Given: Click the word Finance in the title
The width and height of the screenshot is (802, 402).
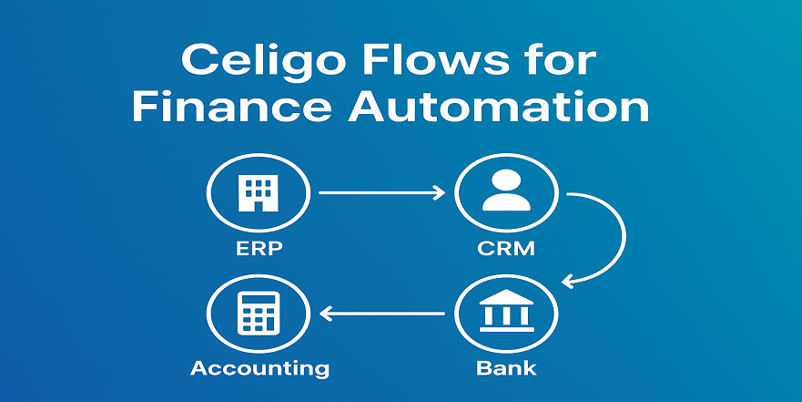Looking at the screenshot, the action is pyautogui.click(x=232, y=107).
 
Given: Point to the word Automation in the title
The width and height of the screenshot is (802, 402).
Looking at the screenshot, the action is pyautogui.click(x=499, y=107).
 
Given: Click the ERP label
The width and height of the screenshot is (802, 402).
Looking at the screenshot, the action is pyautogui.click(x=259, y=249).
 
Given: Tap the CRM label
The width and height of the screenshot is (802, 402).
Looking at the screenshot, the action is pyautogui.click(x=506, y=249).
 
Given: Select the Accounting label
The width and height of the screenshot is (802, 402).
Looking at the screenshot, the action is pyautogui.click(x=259, y=368).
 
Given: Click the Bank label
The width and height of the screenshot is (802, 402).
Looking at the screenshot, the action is pyautogui.click(x=506, y=367).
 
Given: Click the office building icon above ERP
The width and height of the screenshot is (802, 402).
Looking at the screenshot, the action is pyautogui.click(x=259, y=193).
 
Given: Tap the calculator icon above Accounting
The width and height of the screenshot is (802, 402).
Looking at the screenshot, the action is pyautogui.click(x=259, y=313).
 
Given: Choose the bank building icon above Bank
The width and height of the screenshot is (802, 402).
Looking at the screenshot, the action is pyautogui.click(x=506, y=310).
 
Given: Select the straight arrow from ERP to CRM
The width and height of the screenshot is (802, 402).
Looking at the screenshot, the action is pyautogui.click(x=382, y=192).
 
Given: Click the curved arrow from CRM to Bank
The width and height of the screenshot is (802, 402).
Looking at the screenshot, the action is pyautogui.click(x=625, y=235).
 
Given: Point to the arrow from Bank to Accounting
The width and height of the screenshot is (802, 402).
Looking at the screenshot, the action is pyautogui.click(x=382, y=313).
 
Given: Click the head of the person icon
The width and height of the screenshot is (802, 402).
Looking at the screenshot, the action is pyautogui.click(x=506, y=180).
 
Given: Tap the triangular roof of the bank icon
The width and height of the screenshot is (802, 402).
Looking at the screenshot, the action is pyautogui.click(x=506, y=297).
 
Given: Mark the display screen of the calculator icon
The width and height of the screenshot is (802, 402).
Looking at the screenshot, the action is pyautogui.click(x=259, y=301).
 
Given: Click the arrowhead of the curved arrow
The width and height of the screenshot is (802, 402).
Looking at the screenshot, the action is pyautogui.click(x=568, y=281).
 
